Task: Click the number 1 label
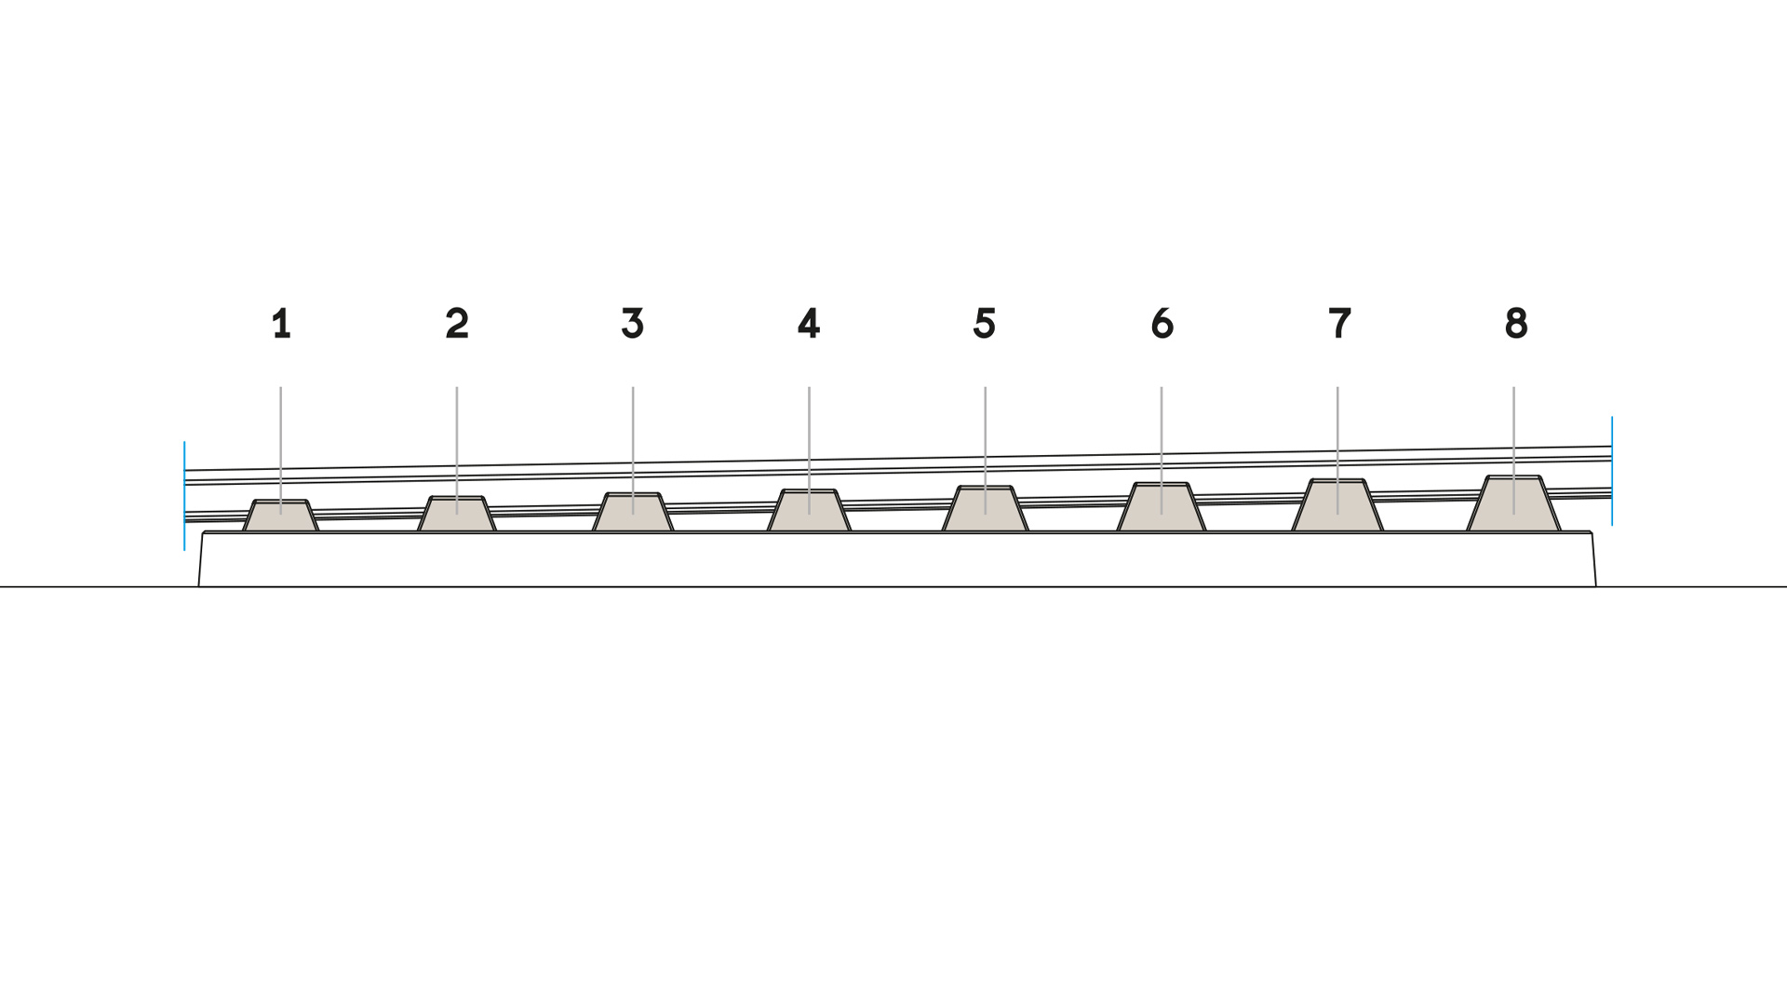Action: click(281, 324)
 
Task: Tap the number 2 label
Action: click(457, 324)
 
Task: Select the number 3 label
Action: click(633, 324)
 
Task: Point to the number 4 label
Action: click(809, 324)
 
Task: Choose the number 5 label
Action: click(985, 324)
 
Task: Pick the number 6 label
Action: click(1162, 324)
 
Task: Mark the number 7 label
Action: click(1339, 324)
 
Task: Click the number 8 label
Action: click(1516, 324)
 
